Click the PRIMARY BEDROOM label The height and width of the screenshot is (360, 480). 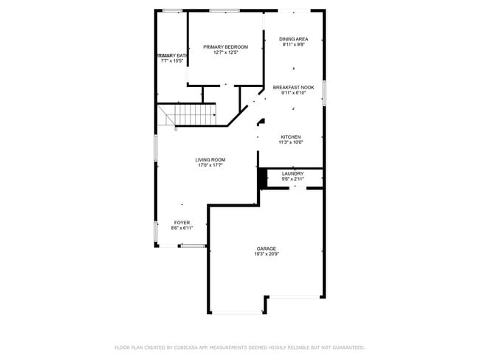pyautogui.click(x=226, y=47)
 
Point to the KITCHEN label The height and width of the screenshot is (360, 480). pyautogui.click(x=290, y=136)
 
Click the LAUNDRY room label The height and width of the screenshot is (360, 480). pyautogui.click(x=292, y=173)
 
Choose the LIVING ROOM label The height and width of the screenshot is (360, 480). pyautogui.click(x=210, y=160)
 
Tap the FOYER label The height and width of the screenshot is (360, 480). pyautogui.click(x=182, y=223)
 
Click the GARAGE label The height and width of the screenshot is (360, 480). pyautogui.click(x=267, y=249)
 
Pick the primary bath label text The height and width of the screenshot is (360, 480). pyautogui.click(x=174, y=55)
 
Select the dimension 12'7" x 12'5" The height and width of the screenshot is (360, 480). pyautogui.click(x=226, y=52)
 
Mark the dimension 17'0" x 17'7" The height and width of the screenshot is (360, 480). pyautogui.click(x=210, y=165)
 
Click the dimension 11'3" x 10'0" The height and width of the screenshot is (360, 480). pyautogui.click(x=290, y=142)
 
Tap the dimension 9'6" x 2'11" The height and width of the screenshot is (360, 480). pyautogui.click(x=292, y=179)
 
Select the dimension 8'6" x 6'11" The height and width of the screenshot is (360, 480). pyautogui.click(x=182, y=228)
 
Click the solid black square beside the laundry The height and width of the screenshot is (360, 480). pyautogui.click(x=261, y=178)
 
